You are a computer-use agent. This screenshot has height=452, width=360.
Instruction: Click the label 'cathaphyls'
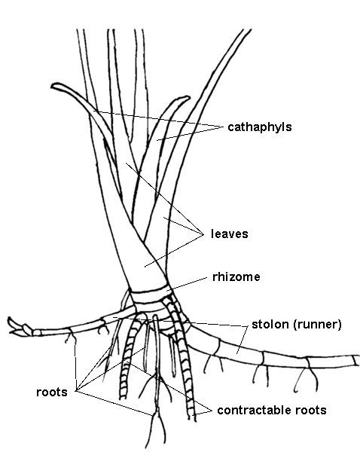click(x=259, y=127)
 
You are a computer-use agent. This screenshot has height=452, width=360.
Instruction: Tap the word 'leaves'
click(x=230, y=234)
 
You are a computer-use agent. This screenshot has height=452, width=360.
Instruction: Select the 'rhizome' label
click(x=236, y=277)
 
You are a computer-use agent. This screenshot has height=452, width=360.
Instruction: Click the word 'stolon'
click(x=270, y=324)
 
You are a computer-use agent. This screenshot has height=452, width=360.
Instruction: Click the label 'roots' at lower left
click(x=52, y=392)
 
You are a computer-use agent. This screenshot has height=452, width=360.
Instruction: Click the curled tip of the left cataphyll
click(x=53, y=86)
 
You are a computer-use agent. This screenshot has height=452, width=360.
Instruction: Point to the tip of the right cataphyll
click(x=188, y=98)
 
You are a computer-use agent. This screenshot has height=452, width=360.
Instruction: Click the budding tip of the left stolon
click(x=12, y=325)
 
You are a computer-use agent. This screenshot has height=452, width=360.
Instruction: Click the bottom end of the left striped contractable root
click(x=123, y=398)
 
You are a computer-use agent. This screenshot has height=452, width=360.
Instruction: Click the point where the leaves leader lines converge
click(x=203, y=234)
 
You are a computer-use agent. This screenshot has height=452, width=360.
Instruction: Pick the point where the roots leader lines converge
click(x=75, y=391)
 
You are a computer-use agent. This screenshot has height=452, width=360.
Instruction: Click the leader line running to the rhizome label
click(x=187, y=284)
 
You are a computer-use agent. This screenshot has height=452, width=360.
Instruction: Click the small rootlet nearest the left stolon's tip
click(x=70, y=337)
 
